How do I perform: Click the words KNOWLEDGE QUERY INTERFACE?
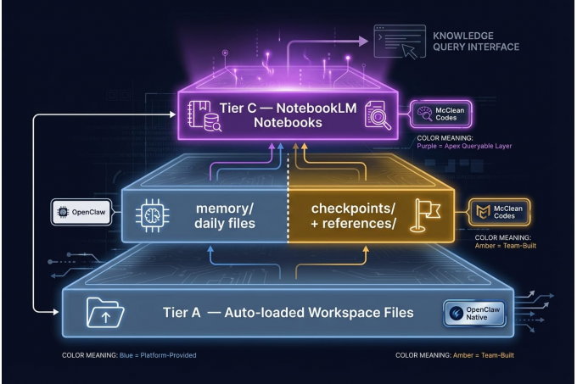(475, 42)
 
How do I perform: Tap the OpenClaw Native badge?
(475, 313)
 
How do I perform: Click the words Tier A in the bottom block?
(181, 313)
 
